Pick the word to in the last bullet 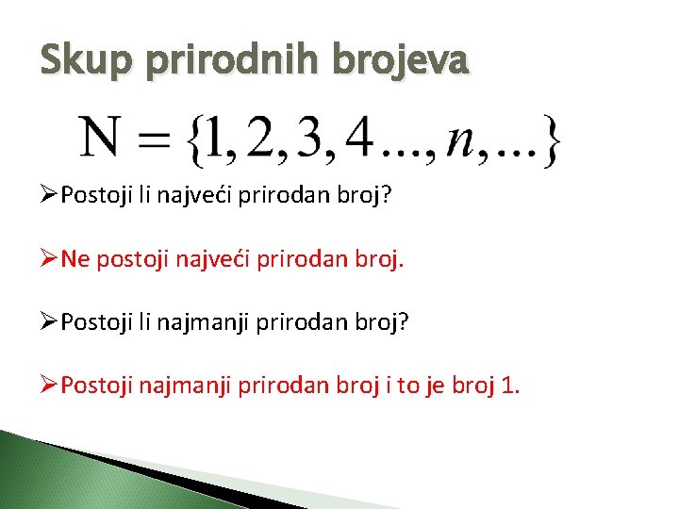click(410, 386)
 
